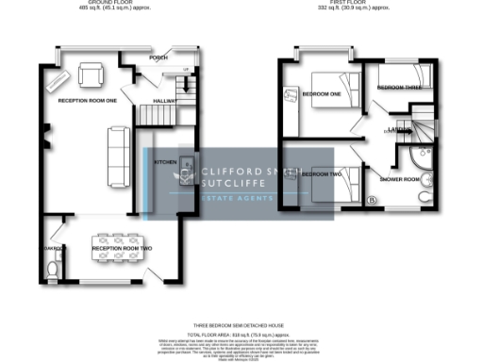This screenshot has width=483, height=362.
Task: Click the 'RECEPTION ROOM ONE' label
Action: click(x=80, y=99)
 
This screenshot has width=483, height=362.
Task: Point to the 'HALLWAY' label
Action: click(x=166, y=99)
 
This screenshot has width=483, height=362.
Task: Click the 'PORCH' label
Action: click(x=158, y=58)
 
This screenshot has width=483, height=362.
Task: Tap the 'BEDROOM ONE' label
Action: click(x=321, y=92)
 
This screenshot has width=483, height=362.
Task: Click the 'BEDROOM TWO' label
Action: click(x=321, y=173)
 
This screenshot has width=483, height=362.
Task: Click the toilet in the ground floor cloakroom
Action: click(x=53, y=269)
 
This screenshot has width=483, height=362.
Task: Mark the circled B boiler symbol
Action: click(x=371, y=200)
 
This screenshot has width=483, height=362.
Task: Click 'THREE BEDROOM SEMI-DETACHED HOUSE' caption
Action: click(x=241, y=324)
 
